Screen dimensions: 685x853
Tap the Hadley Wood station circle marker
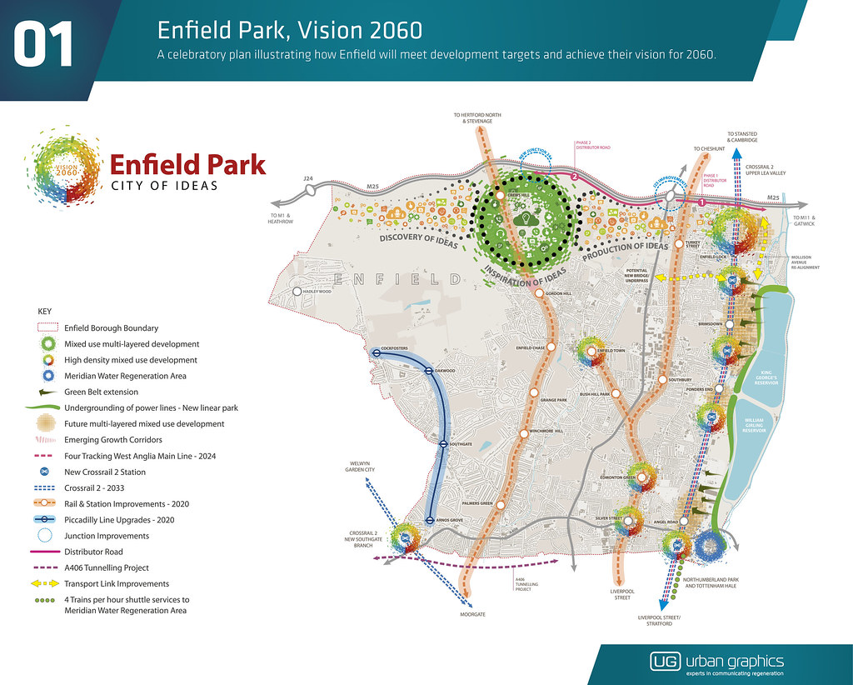(297, 292)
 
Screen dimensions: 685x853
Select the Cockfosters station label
(392, 347)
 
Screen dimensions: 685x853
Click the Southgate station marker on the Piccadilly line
(444, 444)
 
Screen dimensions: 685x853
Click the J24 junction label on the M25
(308, 178)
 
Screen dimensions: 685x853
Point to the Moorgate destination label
(472, 614)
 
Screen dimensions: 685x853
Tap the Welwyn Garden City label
(362, 467)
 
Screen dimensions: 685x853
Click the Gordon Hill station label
(559, 294)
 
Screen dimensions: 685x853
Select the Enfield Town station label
(611, 351)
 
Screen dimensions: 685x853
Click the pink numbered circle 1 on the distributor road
(701, 201)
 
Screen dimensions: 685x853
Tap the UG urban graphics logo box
(665, 662)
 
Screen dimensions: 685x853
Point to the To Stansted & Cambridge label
(742, 137)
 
